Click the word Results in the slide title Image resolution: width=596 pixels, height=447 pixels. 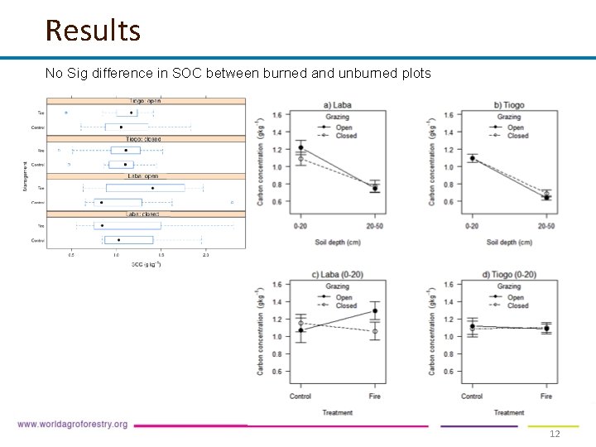click(93, 31)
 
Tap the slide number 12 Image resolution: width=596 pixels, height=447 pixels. click(555, 435)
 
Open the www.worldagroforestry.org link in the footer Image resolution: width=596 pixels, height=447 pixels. click(73, 425)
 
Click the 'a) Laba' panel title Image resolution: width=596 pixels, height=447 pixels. click(338, 105)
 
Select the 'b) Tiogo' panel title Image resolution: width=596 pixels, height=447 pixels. click(509, 105)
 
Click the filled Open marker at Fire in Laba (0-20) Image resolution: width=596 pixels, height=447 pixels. click(375, 311)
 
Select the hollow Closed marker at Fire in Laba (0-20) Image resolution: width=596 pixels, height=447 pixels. click(375, 331)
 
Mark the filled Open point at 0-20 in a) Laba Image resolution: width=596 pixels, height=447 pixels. click(300, 148)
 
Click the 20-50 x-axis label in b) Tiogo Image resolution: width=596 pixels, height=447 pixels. click(546, 226)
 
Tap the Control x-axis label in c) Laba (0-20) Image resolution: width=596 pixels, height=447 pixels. click(300, 397)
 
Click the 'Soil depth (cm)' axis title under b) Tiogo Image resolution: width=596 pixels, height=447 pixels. click(509, 243)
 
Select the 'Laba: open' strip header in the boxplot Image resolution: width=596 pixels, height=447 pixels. click(144, 176)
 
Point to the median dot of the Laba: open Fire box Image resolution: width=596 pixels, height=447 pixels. click(153, 188)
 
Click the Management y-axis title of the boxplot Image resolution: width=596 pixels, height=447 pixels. click(26, 176)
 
